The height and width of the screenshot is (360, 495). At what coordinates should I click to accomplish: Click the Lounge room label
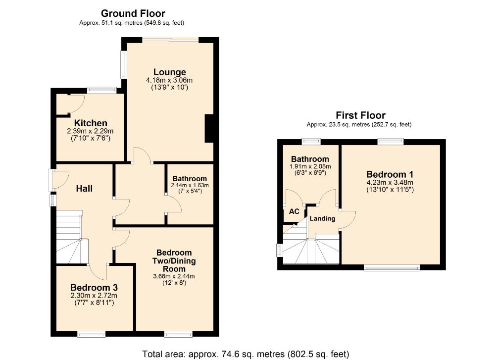[x=169, y=72]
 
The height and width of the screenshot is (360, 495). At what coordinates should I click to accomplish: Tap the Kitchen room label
[x=91, y=123]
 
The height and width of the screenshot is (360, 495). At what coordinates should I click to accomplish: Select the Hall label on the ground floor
[x=84, y=189]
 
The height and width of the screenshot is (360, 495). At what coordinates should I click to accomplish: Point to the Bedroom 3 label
[x=94, y=288]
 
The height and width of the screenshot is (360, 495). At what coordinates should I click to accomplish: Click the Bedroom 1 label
[x=390, y=174]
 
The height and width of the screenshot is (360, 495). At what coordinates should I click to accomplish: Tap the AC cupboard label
[x=294, y=211]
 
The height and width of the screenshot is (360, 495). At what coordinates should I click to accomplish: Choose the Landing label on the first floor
[x=322, y=218]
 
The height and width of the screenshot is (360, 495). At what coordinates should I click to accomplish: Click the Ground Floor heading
[x=133, y=13]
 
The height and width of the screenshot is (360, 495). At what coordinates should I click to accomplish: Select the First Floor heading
[x=360, y=115]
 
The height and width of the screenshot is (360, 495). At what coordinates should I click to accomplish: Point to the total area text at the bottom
[x=246, y=354]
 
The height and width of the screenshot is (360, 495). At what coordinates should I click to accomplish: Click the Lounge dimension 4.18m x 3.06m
[x=169, y=80]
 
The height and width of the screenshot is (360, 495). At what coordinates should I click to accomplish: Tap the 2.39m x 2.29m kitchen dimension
[x=90, y=131]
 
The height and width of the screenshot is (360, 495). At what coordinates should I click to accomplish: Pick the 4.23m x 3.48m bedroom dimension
[x=390, y=183]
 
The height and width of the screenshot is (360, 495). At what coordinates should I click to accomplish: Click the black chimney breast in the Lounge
[x=209, y=129]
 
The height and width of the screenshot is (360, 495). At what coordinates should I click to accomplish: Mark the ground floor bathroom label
[x=190, y=179]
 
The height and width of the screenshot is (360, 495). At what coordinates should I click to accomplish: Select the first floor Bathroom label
[x=310, y=159]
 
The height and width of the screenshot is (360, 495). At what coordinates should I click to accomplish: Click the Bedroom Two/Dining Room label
[x=174, y=261]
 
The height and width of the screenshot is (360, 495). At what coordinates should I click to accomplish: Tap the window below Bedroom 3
[x=92, y=334]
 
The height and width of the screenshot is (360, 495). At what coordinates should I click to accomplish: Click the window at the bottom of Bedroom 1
[x=392, y=268]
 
